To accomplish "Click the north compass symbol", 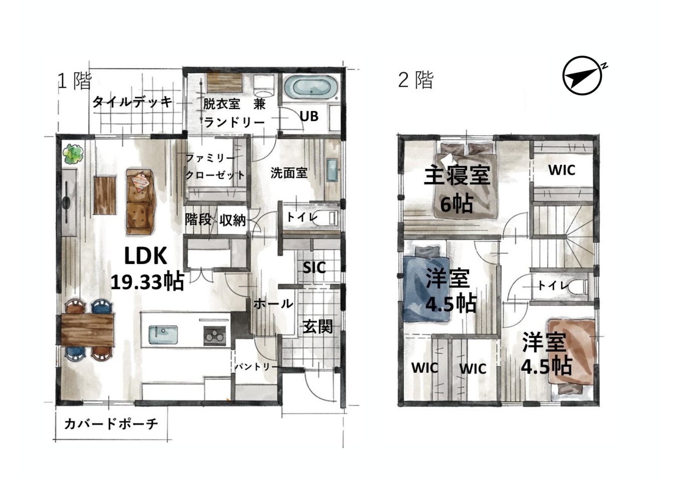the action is click(x=583, y=76).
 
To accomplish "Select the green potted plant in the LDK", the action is click(x=73, y=154).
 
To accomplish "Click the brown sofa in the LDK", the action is click(x=140, y=202).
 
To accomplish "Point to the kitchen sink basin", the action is click(x=164, y=335).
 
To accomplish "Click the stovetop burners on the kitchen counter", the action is click(x=214, y=335).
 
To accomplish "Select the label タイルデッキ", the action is click(x=132, y=102).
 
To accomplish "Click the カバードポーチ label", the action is click(x=111, y=424).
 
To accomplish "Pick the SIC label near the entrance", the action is click(x=314, y=267).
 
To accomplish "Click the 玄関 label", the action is click(x=317, y=326).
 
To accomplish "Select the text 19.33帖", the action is click(x=147, y=282).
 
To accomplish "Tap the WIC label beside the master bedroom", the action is click(x=562, y=170).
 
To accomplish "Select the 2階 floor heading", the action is click(x=416, y=80).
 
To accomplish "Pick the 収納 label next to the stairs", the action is click(x=233, y=220).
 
